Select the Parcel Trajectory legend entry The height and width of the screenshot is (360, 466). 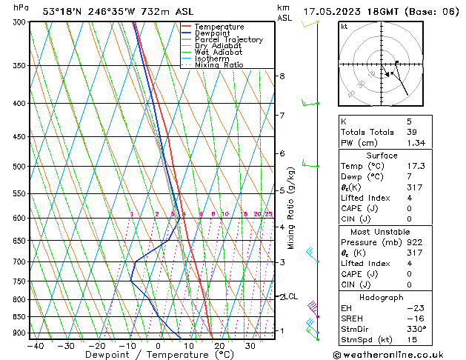point(228,39)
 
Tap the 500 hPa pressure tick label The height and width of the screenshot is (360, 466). point(19,167)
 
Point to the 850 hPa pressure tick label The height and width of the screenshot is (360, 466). point(19,317)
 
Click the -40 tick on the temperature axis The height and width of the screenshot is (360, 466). point(33,345)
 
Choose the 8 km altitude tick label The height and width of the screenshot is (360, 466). point(282,76)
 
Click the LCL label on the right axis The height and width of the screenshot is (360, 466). point(292,296)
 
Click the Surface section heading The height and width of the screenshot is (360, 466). point(397,156)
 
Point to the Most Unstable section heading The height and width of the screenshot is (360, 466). point(397,232)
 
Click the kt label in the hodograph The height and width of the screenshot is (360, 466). point(344,26)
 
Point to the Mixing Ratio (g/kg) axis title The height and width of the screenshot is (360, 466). point(291,208)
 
